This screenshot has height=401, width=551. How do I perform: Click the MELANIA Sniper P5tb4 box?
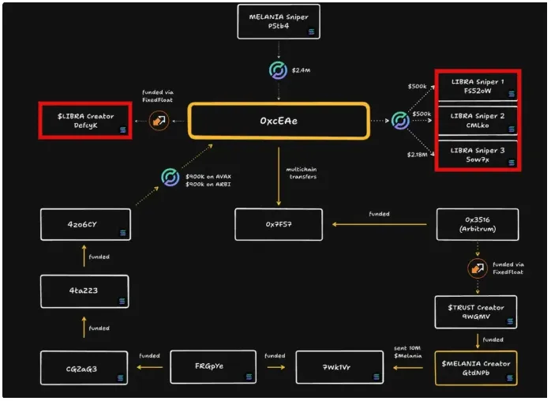click(279, 21)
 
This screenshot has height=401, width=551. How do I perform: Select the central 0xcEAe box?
click(279, 121)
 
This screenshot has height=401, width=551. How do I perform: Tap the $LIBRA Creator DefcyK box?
click(85, 122)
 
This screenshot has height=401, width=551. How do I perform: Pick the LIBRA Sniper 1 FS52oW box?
click(478, 86)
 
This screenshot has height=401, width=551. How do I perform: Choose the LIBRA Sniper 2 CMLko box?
click(478, 121)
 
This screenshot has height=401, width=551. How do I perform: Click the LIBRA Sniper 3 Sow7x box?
click(478, 155)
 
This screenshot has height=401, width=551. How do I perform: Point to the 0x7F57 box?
click(279, 224)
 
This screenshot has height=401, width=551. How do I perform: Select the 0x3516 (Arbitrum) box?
click(478, 224)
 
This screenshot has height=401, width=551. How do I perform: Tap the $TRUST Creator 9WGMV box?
click(476, 312)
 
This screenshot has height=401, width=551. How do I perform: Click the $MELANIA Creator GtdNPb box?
click(476, 367)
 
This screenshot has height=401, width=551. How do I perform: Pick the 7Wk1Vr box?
click(339, 368)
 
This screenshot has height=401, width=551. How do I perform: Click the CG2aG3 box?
click(85, 368)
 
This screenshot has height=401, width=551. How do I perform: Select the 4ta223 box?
click(85, 291)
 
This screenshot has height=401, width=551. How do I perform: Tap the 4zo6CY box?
click(85, 224)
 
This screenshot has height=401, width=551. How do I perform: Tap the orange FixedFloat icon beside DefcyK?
click(159, 121)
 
